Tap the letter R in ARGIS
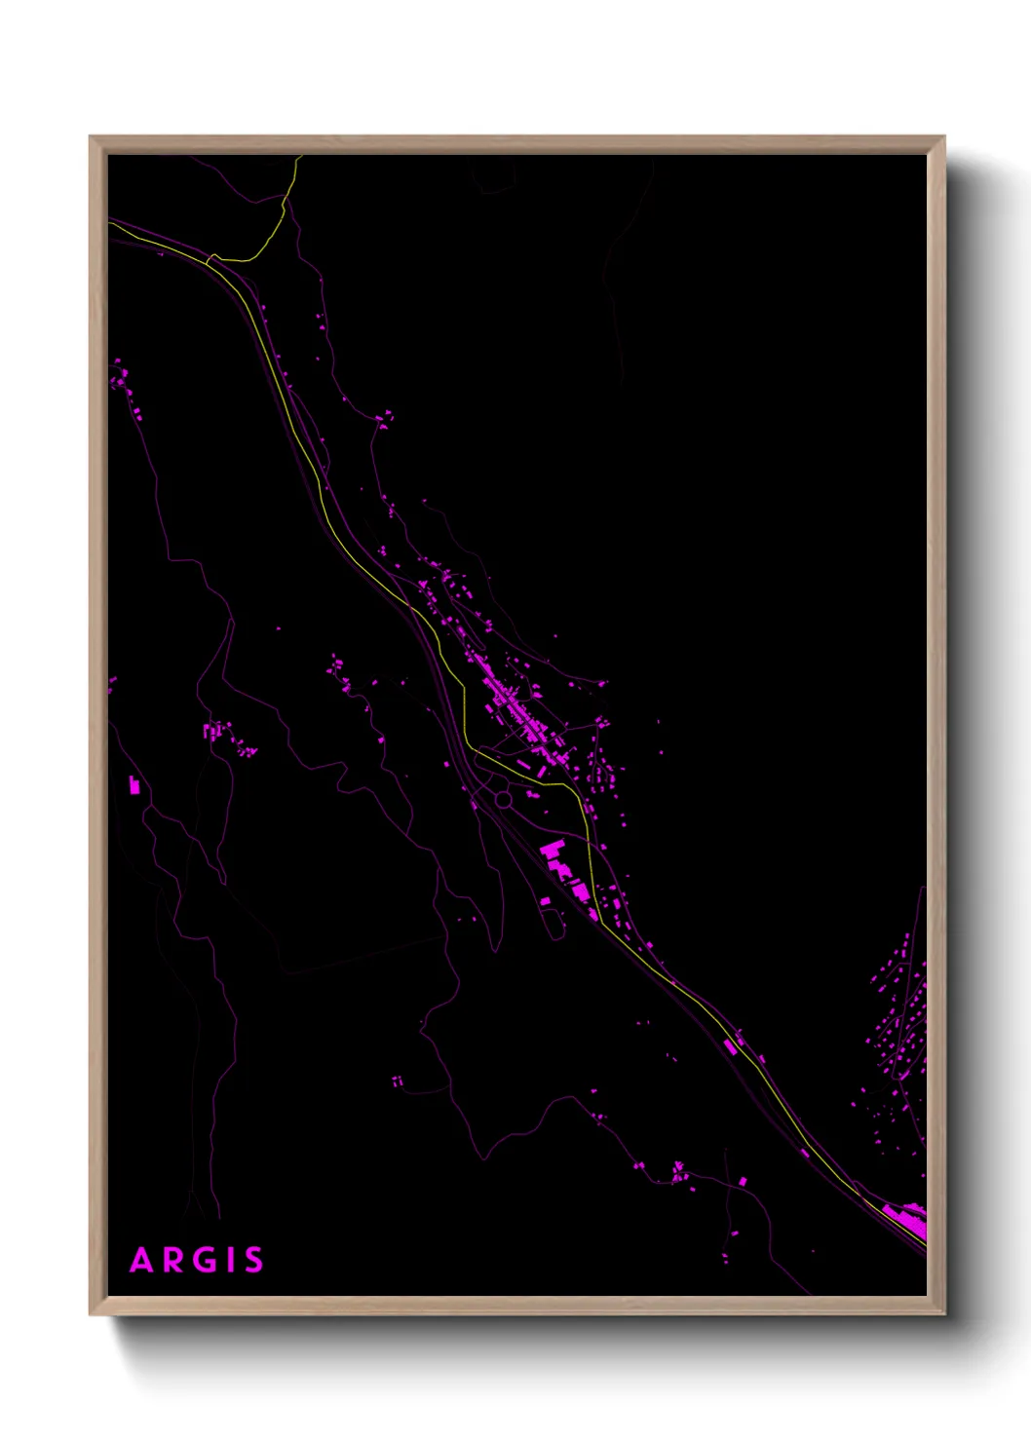(x=172, y=1260)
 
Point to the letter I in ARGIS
(x=227, y=1260)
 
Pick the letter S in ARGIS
(x=252, y=1260)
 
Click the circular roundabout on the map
(x=503, y=800)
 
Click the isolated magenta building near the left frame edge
(x=134, y=785)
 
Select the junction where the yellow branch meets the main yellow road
(x=210, y=258)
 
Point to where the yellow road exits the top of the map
(x=296, y=158)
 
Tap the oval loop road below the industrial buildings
(x=554, y=923)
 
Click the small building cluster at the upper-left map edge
(x=120, y=375)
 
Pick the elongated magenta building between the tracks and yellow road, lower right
(x=731, y=1047)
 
